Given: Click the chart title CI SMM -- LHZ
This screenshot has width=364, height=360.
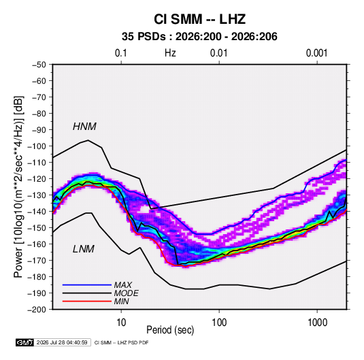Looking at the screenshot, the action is click(x=199, y=19).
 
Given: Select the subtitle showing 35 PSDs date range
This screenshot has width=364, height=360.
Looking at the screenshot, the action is click(x=199, y=37).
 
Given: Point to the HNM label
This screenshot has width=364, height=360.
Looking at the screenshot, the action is click(x=84, y=127).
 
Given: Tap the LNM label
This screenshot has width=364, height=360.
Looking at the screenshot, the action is click(x=84, y=249).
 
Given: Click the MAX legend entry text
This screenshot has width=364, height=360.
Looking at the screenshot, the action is click(x=123, y=284).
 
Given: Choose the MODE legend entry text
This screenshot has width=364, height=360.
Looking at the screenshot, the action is click(x=127, y=293).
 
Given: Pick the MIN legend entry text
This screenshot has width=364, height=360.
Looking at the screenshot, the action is click(x=121, y=301).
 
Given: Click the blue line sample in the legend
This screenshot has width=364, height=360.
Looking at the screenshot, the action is click(x=87, y=284).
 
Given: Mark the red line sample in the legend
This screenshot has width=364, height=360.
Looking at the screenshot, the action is click(x=87, y=301).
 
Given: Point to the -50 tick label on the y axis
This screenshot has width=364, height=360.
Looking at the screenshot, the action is click(x=39, y=65).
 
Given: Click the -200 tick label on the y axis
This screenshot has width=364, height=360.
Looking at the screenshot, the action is click(x=37, y=310).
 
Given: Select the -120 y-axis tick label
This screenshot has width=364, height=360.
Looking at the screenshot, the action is click(x=37, y=179).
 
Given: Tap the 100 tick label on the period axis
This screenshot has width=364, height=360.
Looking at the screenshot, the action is click(x=219, y=323).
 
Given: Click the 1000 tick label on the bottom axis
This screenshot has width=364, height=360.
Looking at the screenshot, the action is click(x=317, y=323).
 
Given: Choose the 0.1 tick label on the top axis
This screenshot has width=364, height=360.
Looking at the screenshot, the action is click(x=121, y=53).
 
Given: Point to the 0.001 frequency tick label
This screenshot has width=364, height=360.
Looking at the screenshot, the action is click(x=316, y=53).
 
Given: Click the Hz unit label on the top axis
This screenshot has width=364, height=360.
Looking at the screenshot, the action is click(x=170, y=53).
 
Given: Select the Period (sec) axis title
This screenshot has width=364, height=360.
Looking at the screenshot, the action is click(x=170, y=330).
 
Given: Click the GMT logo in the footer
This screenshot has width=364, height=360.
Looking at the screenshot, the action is click(x=25, y=342).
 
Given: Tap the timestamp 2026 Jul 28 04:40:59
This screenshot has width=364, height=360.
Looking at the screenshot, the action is click(x=62, y=342).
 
